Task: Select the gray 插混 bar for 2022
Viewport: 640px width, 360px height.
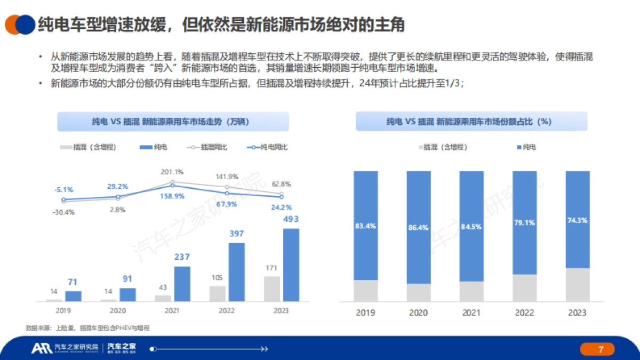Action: [x=218, y=294]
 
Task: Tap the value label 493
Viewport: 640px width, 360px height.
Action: [x=291, y=219]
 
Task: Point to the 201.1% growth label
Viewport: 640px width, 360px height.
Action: [x=172, y=172]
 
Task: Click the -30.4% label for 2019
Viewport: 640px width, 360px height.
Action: [x=64, y=212]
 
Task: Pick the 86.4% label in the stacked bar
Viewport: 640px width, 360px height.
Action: [x=418, y=227]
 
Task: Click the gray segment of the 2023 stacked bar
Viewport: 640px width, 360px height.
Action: [x=578, y=285]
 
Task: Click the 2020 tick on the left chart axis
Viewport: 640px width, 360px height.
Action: [x=118, y=310]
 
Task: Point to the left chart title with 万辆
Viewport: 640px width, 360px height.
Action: [x=173, y=122]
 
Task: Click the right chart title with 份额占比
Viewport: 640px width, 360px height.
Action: [x=471, y=122]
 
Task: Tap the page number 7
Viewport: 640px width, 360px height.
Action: [x=601, y=349]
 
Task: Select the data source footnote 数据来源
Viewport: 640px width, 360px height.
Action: [x=87, y=329]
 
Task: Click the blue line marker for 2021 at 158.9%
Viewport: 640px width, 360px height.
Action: [x=172, y=186]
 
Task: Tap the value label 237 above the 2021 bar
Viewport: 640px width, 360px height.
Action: [x=182, y=257]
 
